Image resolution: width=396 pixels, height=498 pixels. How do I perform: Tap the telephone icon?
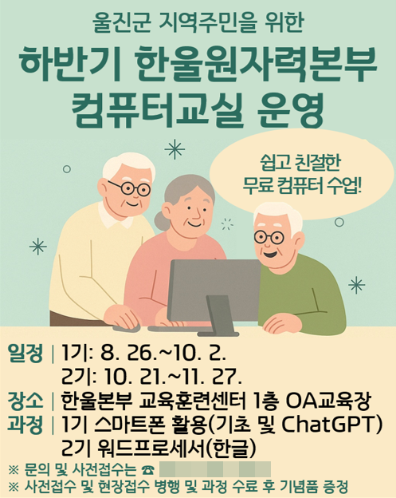click(146, 469)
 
